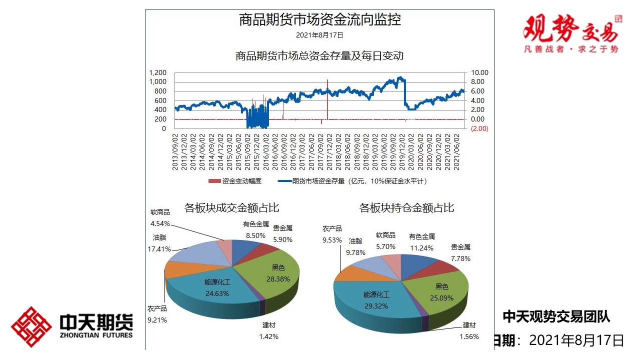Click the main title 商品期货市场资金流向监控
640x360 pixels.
pyautogui.click(x=319, y=20)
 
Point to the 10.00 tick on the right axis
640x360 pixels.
pyautogui.click(x=479, y=73)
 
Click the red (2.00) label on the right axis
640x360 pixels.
pyautogui.click(x=479, y=128)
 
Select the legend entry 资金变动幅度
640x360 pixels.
pyautogui.click(x=241, y=181)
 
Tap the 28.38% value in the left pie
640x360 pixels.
pyautogui.click(x=278, y=279)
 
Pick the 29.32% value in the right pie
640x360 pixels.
pyautogui.click(x=376, y=306)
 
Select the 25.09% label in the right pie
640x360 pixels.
pyautogui.click(x=441, y=298)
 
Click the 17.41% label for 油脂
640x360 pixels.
pyautogui.click(x=160, y=248)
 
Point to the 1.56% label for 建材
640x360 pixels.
pyautogui.click(x=469, y=336)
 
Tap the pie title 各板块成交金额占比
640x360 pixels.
pyautogui.click(x=232, y=208)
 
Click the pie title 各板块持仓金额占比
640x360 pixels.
pyautogui.click(x=406, y=208)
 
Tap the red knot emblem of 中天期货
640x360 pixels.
pyautogui.click(x=31, y=327)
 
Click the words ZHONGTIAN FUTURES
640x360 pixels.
pyautogui.click(x=96, y=335)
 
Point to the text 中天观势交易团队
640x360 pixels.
pyautogui.click(x=556, y=316)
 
